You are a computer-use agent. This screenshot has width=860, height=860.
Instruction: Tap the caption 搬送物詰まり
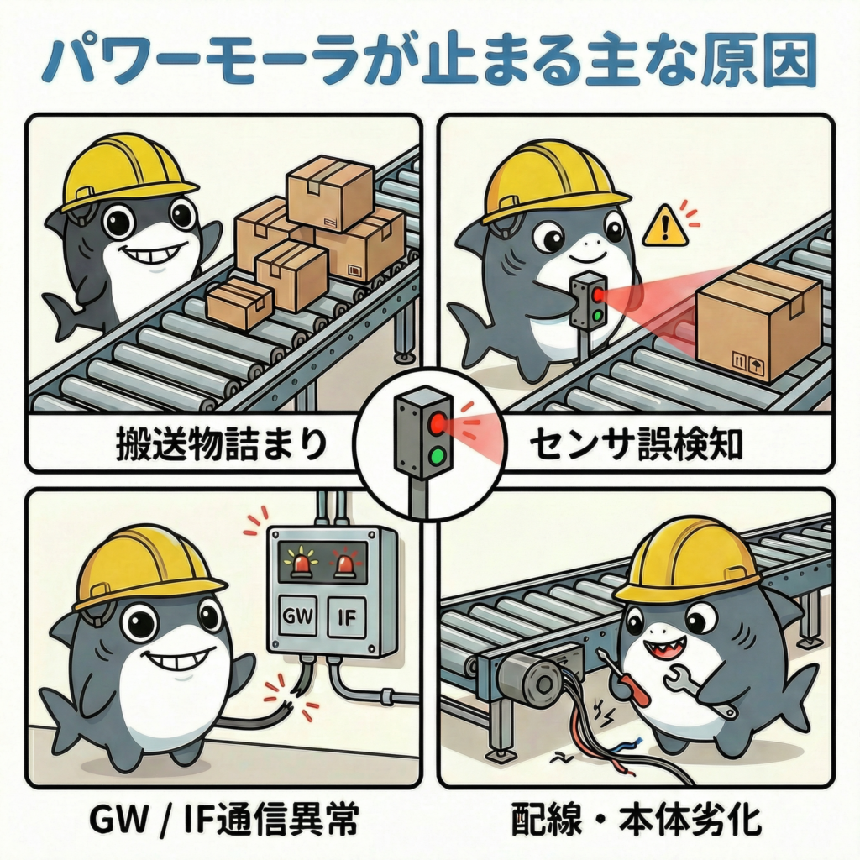pos(220,444)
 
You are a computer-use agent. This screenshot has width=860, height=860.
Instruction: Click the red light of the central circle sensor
pos(437,422)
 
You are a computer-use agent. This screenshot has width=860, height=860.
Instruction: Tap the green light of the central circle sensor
pos(437,456)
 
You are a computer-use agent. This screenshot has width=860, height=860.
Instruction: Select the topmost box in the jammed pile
pos(329,193)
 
